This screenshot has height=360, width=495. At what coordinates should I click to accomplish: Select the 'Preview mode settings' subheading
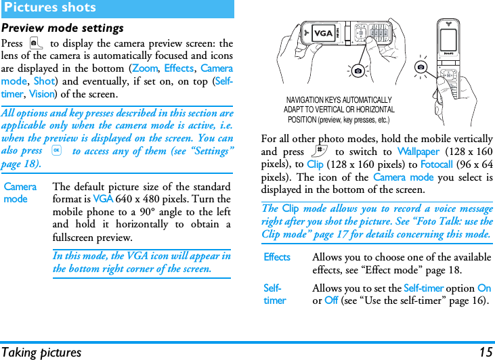(x=62, y=28)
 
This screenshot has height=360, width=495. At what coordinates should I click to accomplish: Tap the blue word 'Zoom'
(x=145, y=68)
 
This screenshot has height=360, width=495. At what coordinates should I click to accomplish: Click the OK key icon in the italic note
(x=58, y=151)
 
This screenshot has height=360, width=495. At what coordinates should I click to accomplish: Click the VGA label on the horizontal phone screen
(x=323, y=34)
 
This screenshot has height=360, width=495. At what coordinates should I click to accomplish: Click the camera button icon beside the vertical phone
(x=422, y=67)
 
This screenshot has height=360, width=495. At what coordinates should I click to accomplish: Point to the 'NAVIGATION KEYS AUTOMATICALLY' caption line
(x=339, y=100)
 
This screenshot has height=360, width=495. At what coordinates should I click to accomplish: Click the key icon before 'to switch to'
(x=318, y=152)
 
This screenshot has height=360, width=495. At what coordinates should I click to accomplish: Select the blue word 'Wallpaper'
(x=418, y=152)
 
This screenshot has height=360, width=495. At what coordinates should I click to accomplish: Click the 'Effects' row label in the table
(x=277, y=257)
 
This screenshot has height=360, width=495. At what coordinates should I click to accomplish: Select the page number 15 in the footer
(x=486, y=352)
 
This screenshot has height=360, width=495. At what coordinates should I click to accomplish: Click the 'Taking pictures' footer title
(x=41, y=352)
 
